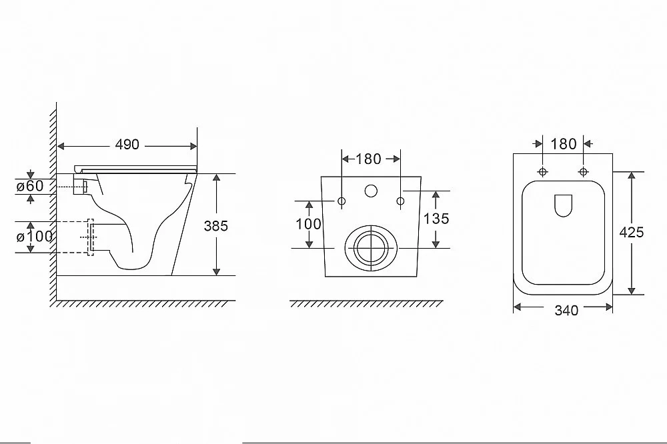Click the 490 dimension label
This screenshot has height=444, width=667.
click(127, 145)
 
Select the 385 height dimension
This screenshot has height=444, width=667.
click(215, 226)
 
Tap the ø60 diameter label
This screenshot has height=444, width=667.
click(30, 186)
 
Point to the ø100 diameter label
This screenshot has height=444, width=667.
click(35, 237)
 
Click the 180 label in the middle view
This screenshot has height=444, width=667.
click(368, 159)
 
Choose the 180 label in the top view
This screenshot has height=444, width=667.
click(564, 144)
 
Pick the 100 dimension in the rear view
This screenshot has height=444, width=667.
click(308, 224)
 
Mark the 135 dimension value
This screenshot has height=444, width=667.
click(436, 219)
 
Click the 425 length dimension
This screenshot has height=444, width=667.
click(631, 232)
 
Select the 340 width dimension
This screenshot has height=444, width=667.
click(566, 311)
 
